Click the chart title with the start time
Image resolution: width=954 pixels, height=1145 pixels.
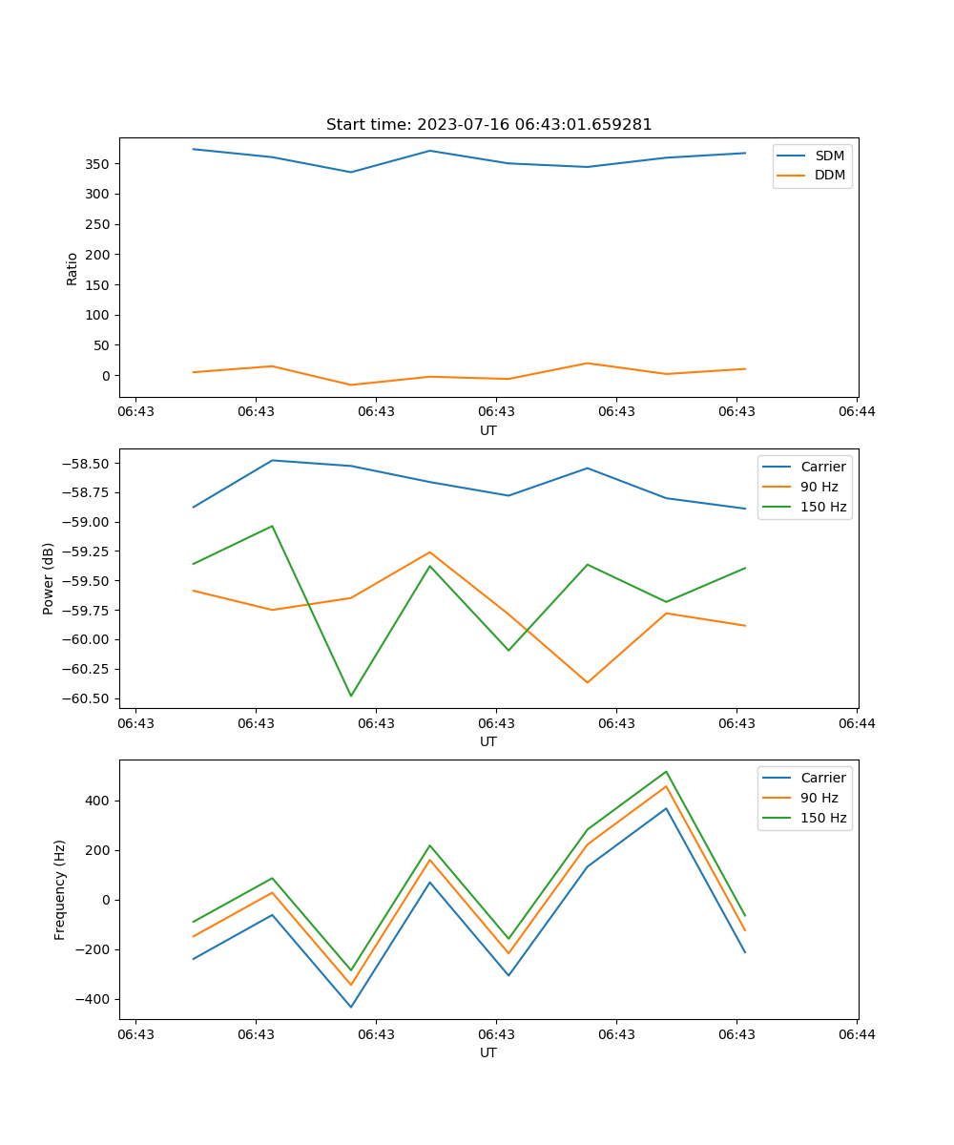click(x=488, y=125)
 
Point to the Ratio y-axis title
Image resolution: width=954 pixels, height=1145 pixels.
click(x=73, y=268)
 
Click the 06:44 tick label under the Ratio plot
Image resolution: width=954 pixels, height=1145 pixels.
click(x=857, y=412)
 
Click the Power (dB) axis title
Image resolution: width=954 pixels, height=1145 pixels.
click(x=49, y=578)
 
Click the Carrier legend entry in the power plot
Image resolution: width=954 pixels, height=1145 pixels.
click(x=822, y=467)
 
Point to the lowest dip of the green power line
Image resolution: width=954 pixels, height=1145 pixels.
click(x=351, y=696)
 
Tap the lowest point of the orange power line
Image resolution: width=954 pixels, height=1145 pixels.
click(x=587, y=682)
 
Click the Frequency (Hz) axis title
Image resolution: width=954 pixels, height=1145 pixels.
click(x=60, y=889)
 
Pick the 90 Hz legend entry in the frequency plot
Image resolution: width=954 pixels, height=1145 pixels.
click(x=819, y=798)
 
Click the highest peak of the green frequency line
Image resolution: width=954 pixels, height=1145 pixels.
click(x=666, y=772)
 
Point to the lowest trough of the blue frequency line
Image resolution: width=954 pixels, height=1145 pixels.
click(x=351, y=1007)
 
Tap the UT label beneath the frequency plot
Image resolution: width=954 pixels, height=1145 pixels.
click(x=488, y=1052)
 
